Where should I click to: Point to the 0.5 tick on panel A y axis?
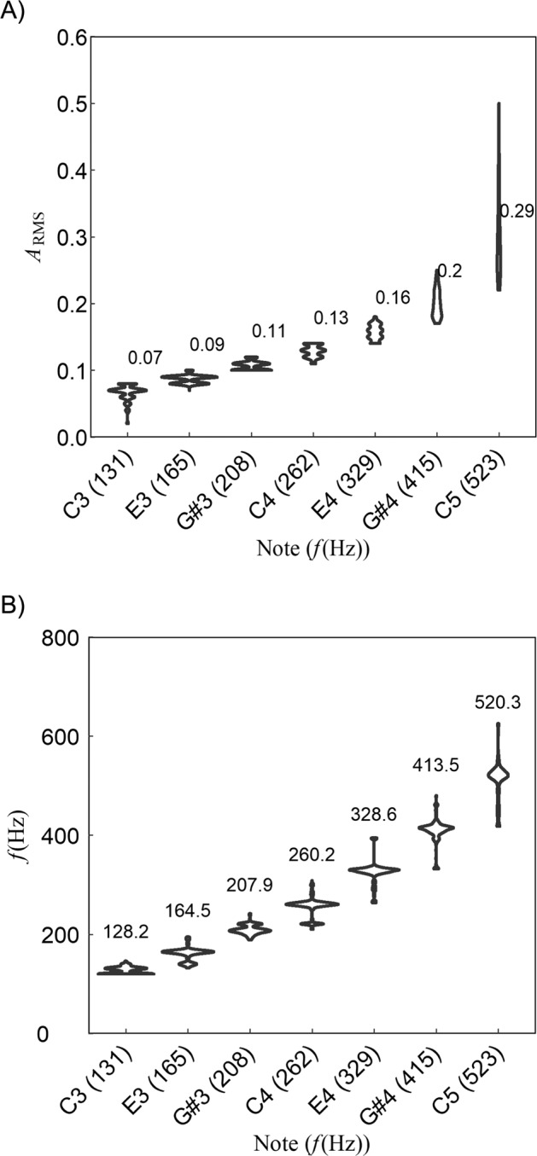point(69,104)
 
